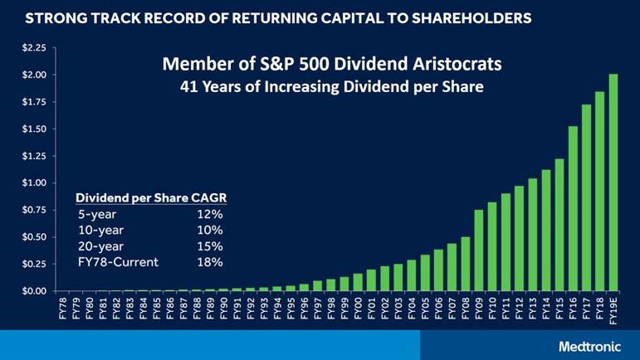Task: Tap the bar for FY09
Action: pyautogui.click(x=479, y=251)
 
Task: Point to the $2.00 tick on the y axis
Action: pyautogui.click(x=33, y=75)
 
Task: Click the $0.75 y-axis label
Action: pyautogui.click(x=33, y=210)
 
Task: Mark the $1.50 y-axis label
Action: pyautogui.click(x=33, y=129)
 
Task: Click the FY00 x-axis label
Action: pyautogui.click(x=358, y=309)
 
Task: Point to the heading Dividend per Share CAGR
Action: pyautogui.click(x=151, y=197)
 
